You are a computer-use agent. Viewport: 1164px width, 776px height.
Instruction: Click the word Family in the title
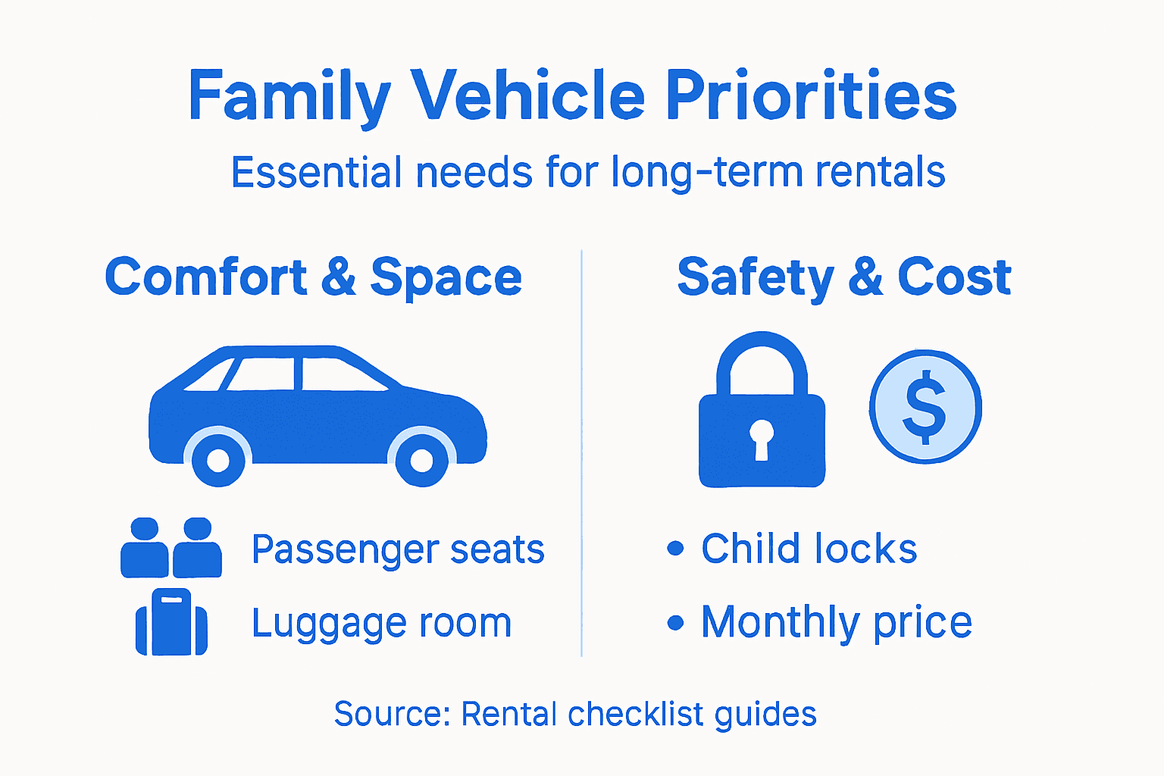point(289,97)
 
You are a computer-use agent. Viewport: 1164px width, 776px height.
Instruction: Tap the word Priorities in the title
point(810,97)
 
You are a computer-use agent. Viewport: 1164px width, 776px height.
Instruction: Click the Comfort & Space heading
point(313,277)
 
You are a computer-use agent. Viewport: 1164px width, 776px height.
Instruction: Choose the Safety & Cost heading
point(843,277)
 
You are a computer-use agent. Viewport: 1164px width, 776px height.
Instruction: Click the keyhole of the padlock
point(762,438)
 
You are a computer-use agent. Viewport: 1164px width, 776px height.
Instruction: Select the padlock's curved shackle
point(762,356)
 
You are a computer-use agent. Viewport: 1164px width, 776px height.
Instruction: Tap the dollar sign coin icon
point(925,407)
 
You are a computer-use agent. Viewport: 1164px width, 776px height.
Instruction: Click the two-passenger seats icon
point(171,548)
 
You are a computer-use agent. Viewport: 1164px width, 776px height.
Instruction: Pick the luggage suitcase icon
point(171,622)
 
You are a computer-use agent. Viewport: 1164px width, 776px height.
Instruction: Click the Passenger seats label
point(398,549)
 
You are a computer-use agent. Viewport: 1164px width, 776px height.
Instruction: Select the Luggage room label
point(381,624)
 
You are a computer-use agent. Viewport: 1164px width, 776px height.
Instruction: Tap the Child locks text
point(809,549)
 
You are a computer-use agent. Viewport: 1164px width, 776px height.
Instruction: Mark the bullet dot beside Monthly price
point(675,623)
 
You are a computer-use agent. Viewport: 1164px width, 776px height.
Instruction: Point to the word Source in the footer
point(392,714)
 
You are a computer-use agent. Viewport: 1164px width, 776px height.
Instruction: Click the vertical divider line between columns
point(581,455)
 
